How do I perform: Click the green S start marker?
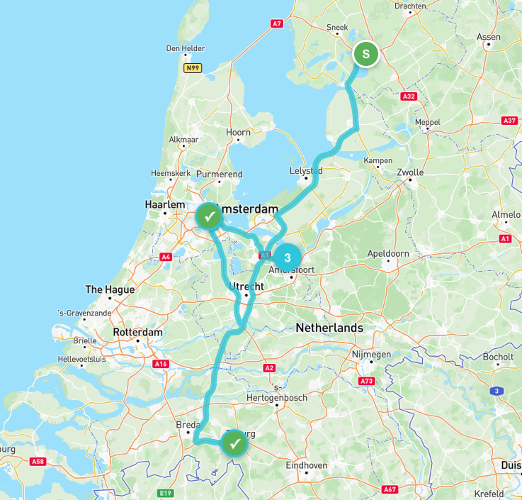click(x=365, y=54)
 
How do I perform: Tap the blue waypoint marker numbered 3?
click(x=287, y=257)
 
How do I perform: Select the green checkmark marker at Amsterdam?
click(x=209, y=216)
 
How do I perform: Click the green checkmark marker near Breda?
click(x=235, y=444)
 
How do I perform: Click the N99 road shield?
click(x=192, y=67)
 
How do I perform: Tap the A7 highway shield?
click(x=277, y=23)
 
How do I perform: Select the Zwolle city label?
click(x=410, y=172)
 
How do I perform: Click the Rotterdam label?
click(x=137, y=332)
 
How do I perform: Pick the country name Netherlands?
click(x=329, y=328)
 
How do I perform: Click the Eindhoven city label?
click(x=306, y=465)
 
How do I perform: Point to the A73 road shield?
click(x=366, y=381)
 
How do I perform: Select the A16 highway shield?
click(x=161, y=364)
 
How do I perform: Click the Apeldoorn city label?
click(x=388, y=253)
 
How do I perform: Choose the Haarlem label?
click(x=165, y=204)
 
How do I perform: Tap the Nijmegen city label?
click(x=371, y=354)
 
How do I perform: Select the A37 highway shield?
click(x=509, y=121)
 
